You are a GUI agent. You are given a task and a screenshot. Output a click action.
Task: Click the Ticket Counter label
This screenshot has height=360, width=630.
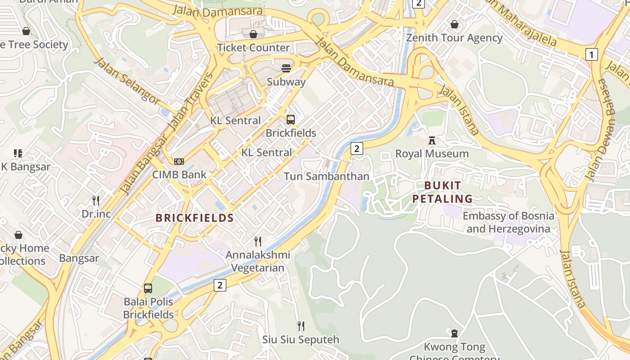pyautogui.click(x=253, y=48)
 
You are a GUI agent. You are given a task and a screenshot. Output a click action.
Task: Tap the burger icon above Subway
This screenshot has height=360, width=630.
pyautogui.click(x=286, y=68)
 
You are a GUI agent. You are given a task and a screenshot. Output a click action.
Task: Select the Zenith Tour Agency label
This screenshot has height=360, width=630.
pyautogui.click(x=454, y=38)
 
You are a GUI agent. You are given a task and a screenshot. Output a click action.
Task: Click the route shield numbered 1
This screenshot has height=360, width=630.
pyautogui.click(x=591, y=54)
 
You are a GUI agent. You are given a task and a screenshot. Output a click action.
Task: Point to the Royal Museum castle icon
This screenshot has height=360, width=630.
pyautogui.click(x=432, y=140)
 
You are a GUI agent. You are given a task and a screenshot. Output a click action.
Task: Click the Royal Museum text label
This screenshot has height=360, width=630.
pyautogui.click(x=432, y=154)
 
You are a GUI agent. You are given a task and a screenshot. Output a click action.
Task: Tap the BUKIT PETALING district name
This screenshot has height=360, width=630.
pyautogui.click(x=443, y=192)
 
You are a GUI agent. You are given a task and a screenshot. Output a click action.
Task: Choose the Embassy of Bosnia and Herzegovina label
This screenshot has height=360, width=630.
pyautogui.click(x=508, y=222)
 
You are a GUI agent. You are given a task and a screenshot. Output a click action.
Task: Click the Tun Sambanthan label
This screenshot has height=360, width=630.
pyautogui.click(x=326, y=176)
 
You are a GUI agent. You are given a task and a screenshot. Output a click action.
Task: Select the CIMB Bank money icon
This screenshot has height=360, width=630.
pyautogui.click(x=179, y=162)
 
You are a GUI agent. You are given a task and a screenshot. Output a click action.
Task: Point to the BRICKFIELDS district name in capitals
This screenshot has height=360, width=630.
pyautogui.click(x=194, y=218)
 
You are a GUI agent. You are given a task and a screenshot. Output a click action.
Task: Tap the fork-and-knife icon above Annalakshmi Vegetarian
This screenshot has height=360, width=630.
pyautogui.click(x=258, y=242)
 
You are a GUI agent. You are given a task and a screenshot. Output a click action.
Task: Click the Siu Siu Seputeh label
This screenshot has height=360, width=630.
pyautogui.click(x=301, y=339)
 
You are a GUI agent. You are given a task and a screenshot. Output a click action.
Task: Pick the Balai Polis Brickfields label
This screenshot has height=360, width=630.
pyautogui.click(x=148, y=308)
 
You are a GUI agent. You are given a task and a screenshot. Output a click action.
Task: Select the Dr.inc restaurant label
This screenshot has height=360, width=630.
pyautogui.click(x=96, y=214)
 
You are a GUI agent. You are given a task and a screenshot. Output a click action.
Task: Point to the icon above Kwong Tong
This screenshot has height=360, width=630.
pyautogui.click(x=454, y=333)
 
